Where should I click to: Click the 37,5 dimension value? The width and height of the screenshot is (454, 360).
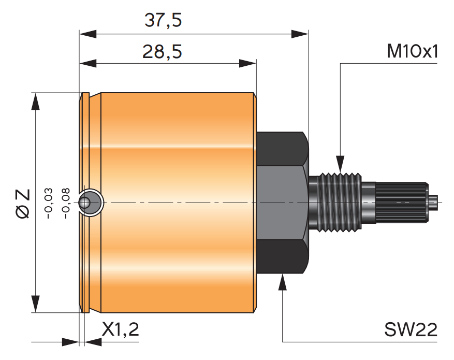[x=163, y=21]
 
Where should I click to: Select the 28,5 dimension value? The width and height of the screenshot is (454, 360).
[x=162, y=52]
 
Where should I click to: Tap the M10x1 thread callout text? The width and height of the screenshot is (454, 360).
[x=412, y=51]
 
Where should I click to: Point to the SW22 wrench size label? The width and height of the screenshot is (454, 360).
[x=411, y=329]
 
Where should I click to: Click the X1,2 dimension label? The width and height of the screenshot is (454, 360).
[x=121, y=329]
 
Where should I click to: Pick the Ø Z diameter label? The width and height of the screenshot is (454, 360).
[x=23, y=204]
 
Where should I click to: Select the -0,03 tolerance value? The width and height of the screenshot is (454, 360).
[x=48, y=204]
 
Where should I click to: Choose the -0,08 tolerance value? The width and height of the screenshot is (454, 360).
[x=66, y=204]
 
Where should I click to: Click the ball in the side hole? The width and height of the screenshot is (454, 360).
[x=84, y=203]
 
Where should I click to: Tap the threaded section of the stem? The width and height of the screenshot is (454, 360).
[x=340, y=203]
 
